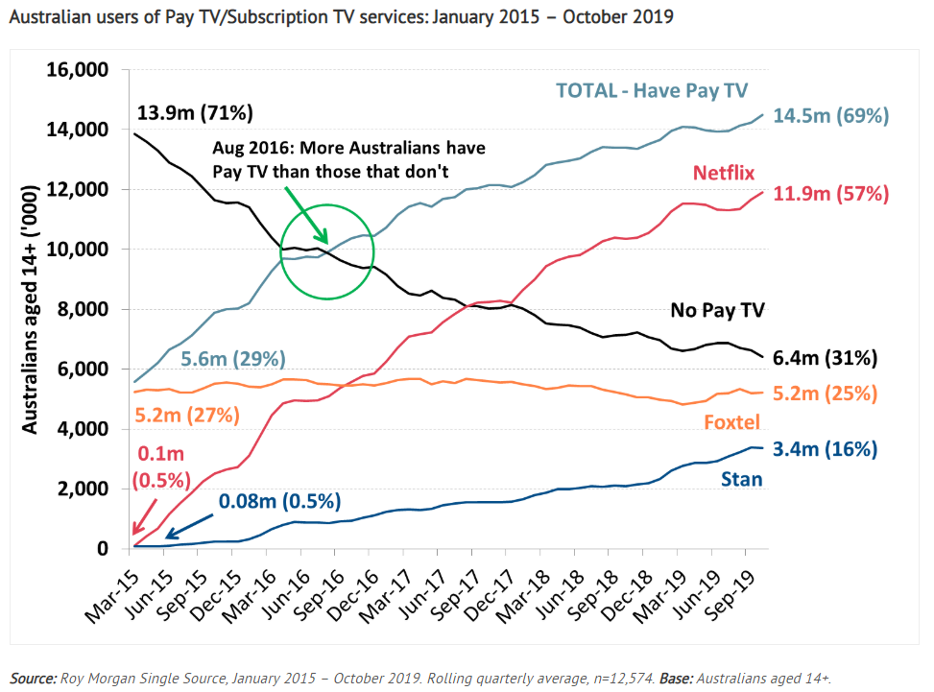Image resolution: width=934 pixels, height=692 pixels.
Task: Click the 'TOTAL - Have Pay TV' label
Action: pos(651,90)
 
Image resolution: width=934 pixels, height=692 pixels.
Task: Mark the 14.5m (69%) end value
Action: pos(835,115)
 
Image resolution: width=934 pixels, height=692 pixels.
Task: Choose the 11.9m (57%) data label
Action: pos(835,194)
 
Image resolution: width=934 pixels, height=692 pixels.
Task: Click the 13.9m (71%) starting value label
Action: pos(196,113)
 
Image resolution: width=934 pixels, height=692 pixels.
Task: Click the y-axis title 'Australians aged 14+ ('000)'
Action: pos(32,310)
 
